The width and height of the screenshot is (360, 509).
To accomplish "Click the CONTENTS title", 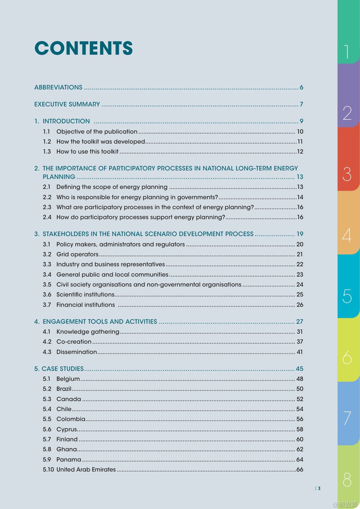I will click(83, 48).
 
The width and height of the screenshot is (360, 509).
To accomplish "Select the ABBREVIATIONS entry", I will click(58, 88).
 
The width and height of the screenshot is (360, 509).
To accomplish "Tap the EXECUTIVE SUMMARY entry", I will click(67, 105).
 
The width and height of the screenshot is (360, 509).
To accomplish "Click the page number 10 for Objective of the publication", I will click(300, 132).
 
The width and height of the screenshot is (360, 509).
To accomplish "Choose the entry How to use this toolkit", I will click(88, 152).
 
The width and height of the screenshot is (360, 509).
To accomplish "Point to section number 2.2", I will click(47, 197).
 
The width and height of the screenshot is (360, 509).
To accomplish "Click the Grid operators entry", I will click(77, 254).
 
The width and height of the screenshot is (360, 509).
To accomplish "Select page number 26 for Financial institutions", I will click(300, 305).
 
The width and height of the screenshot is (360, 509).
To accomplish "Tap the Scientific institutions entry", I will click(86, 295).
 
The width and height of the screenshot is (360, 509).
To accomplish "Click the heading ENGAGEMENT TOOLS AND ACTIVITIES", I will click(100, 322).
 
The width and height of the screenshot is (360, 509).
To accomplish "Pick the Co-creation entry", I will click(74, 342).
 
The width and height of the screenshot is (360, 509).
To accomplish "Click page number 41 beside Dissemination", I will click(300, 352).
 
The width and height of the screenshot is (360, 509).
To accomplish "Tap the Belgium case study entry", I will click(68, 379).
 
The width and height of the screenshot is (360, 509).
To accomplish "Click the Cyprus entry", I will click(67, 429).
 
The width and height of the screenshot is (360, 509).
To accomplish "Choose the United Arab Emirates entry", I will click(86, 470).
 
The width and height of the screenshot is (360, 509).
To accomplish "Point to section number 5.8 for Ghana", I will click(47, 449).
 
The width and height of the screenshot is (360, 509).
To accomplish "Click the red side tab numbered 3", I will click(348, 159).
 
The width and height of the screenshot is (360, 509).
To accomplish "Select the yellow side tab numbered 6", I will click(348, 350).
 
